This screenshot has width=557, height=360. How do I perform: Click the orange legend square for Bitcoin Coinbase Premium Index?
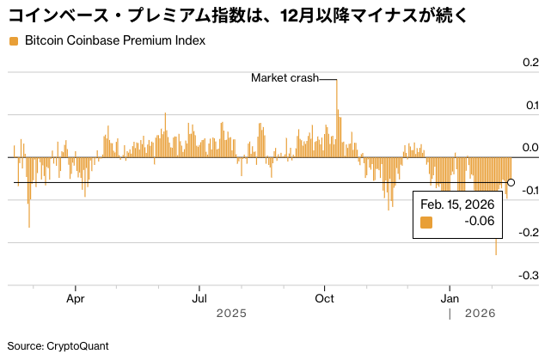[13, 41]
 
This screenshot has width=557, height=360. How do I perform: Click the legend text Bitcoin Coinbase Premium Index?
[115, 41]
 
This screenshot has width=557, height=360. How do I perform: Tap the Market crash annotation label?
[284, 78]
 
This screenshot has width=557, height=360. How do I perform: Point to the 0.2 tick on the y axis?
[530, 63]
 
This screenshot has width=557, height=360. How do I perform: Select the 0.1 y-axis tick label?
[530, 105]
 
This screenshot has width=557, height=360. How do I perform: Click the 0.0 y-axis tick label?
[530, 148]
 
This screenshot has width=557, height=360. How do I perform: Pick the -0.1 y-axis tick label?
[529, 190]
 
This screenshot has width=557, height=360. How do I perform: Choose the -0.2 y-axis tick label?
[529, 232]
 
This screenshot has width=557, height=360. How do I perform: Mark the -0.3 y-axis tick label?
[529, 275]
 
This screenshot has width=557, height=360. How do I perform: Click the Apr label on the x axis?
[77, 298]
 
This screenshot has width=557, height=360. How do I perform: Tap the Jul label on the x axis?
[199, 298]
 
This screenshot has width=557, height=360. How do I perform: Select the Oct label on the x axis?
[325, 298]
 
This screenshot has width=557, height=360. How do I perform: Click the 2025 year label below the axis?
[232, 314]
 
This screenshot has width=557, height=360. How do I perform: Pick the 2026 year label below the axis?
[479, 314]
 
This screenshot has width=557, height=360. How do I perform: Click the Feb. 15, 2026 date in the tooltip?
[456, 204]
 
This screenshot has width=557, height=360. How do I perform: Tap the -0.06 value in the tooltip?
[479, 222]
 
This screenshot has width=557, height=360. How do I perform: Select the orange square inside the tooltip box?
[426, 222]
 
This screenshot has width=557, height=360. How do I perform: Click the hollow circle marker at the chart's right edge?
[511, 182]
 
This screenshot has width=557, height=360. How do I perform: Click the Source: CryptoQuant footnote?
[58, 345]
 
